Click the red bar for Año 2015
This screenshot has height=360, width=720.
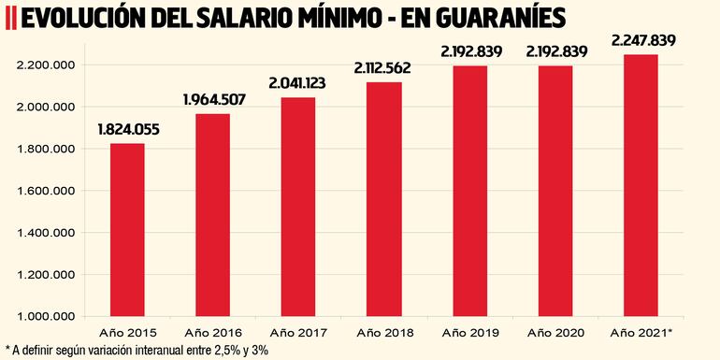pyautogui.click(x=127, y=230)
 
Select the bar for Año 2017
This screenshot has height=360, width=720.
pyautogui.click(x=297, y=207)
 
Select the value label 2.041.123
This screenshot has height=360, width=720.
pyautogui.click(x=297, y=84)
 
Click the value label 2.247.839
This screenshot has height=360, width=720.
pyautogui.click(x=641, y=40)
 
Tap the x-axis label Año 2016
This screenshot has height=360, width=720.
pyautogui.click(x=212, y=332)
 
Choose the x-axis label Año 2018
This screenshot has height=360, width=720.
pyautogui.click(x=383, y=332)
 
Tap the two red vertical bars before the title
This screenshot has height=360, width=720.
pyautogui.click(x=9, y=19)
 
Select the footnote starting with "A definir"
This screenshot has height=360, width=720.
pyautogui.click(x=140, y=350)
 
